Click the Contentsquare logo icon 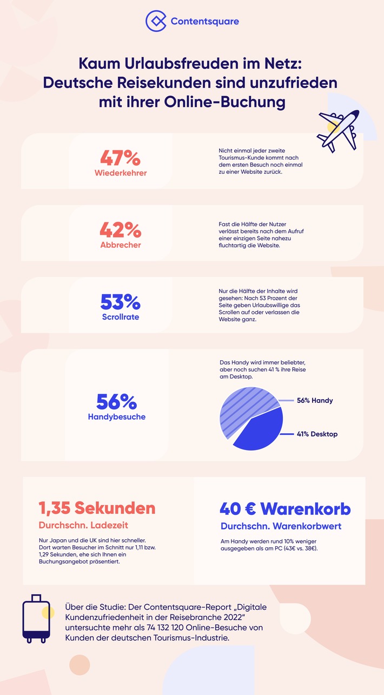click(x=156, y=21)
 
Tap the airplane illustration click(x=338, y=129)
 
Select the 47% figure click(x=120, y=158)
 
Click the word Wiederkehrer click(x=120, y=173)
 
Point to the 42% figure click(x=120, y=230)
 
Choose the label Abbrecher click(x=120, y=244)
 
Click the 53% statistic click(x=120, y=302)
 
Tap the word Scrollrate click(x=120, y=317)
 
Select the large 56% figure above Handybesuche click(x=116, y=401)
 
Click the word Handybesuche click(x=116, y=417)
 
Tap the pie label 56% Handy click(x=315, y=401)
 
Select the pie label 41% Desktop click(x=317, y=434)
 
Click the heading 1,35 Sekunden click(x=97, y=508)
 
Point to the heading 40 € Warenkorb click(x=285, y=509)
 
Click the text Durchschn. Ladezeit click(x=84, y=525)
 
